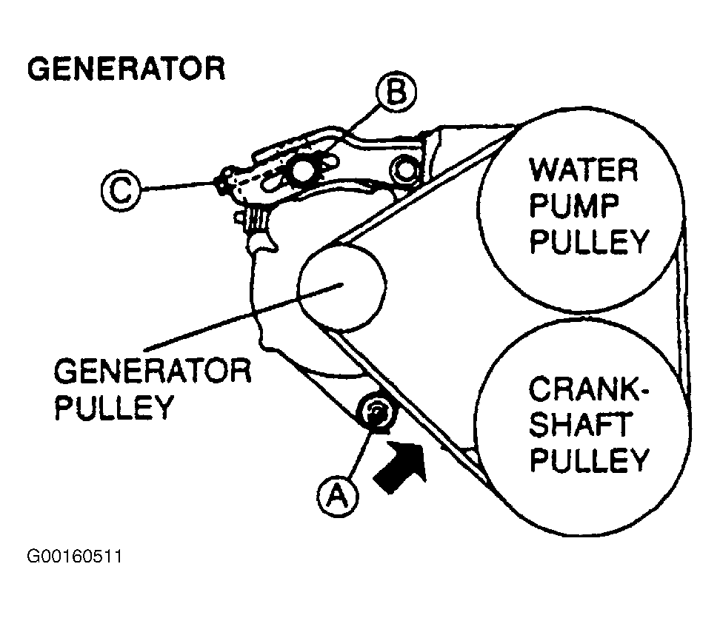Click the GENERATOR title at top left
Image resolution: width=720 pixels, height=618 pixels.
click(126, 68)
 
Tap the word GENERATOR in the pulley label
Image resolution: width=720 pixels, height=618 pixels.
click(152, 371)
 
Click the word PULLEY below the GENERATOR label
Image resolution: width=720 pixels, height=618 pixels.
click(113, 406)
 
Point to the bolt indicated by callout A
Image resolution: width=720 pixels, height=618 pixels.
click(375, 414)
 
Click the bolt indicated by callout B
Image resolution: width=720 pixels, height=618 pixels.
click(301, 171)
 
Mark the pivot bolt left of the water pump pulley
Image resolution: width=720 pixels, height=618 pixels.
click(406, 169)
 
